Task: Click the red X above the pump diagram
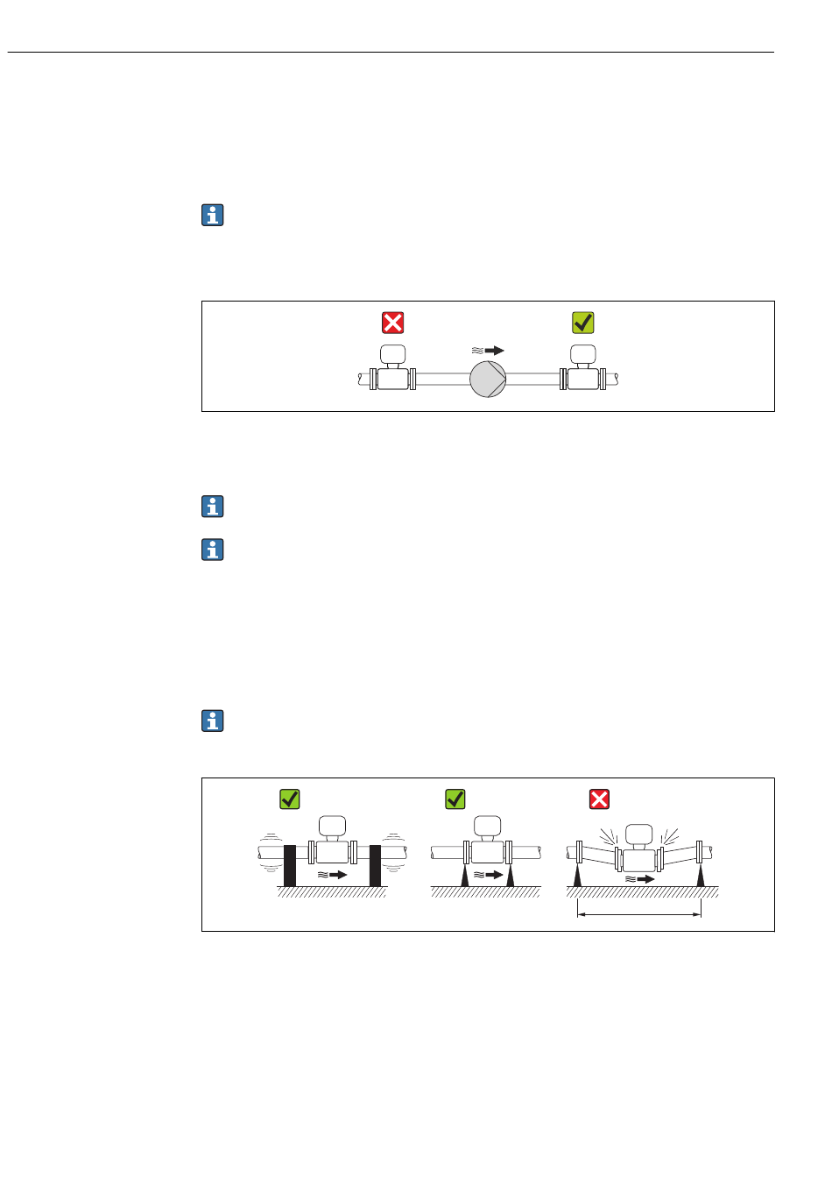(x=393, y=323)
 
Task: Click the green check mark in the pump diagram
(x=583, y=323)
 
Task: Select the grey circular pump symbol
(x=488, y=379)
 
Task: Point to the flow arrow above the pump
(x=489, y=350)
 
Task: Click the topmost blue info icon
(x=213, y=215)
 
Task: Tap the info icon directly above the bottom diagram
(x=213, y=721)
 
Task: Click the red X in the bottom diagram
(x=599, y=799)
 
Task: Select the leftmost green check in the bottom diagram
(x=290, y=799)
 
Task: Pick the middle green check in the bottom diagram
(x=455, y=799)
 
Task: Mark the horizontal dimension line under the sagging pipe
(x=639, y=915)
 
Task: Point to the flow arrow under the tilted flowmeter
(x=641, y=878)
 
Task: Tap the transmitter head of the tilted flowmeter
(x=640, y=833)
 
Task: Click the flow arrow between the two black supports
(x=333, y=875)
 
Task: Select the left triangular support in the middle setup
(x=465, y=876)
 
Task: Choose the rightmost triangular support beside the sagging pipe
(x=701, y=876)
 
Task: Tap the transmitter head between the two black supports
(x=332, y=825)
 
